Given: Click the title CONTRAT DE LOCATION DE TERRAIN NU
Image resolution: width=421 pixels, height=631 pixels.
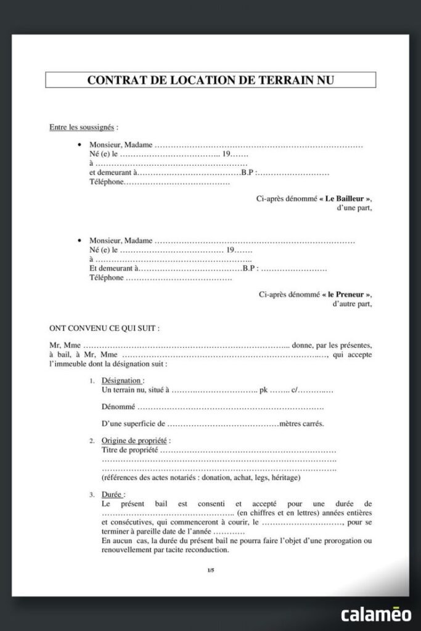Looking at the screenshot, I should (x=210, y=80).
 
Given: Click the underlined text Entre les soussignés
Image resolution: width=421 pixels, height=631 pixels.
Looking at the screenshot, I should (x=82, y=128).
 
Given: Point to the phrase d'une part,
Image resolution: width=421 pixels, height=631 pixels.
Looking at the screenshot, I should (x=354, y=208).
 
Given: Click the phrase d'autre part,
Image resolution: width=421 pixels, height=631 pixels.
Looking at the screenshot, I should (x=351, y=304).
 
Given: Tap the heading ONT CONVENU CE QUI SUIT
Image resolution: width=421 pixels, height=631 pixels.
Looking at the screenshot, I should (x=104, y=328).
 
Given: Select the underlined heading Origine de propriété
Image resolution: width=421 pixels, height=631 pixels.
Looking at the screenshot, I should (x=134, y=441).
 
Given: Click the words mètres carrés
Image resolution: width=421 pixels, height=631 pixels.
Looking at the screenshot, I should (x=301, y=424).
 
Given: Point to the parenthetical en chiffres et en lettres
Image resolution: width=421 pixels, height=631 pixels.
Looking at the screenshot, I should (x=278, y=513).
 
